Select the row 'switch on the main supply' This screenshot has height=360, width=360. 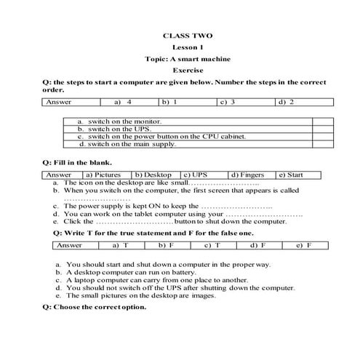point(132,144)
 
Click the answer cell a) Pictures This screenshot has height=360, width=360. point(105,175)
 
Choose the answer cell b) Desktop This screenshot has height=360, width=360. point(155,175)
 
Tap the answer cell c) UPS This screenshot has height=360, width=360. point(204,175)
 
